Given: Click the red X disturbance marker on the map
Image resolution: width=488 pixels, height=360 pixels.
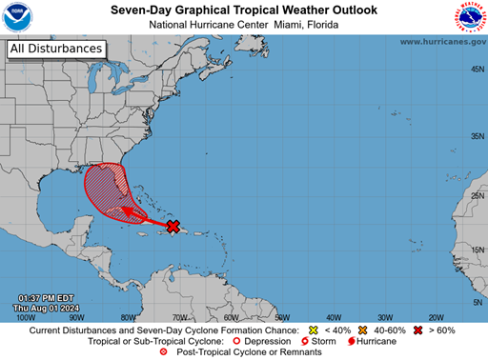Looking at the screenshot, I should click(x=173, y=226).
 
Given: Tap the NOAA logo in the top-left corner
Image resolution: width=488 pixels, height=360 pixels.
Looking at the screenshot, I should click(x=19, y=19).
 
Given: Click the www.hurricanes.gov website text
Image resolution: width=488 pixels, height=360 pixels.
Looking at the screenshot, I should click(x=442, y=42).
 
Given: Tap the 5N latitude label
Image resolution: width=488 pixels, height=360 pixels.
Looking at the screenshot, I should click(x=474, y=302).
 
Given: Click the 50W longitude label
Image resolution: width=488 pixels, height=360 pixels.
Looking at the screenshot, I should click(x=282, y=317).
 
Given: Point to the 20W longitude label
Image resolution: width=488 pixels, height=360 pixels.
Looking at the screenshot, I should click(x=437, y=317).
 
